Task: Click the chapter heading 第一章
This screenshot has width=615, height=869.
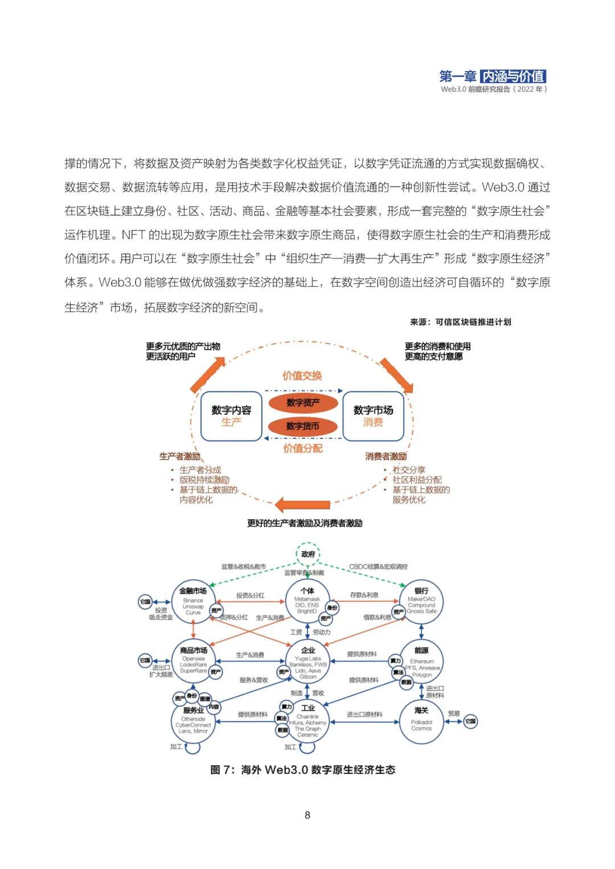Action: (458, 76)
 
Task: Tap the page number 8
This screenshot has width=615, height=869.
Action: (307, 815)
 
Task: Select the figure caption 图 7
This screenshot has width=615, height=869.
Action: (302, 770)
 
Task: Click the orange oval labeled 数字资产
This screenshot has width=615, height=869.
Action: (303, 403)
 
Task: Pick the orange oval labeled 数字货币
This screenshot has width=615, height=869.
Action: (303, 426)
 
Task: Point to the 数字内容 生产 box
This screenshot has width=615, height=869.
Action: (231, 416)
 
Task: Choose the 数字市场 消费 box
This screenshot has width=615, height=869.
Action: (373, 416)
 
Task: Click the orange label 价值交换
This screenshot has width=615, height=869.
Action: (302, 376)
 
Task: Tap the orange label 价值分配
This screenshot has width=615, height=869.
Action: (302, 448)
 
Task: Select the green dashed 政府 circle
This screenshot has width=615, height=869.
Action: (308, 554)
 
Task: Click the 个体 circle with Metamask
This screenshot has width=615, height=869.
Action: (307, 602)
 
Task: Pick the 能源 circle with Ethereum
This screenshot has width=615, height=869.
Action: (421, 662)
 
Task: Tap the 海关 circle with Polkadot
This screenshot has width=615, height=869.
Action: (421, 722)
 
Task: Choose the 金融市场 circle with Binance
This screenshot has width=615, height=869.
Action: (193, 602)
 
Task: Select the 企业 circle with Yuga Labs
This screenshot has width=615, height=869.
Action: (308, 662)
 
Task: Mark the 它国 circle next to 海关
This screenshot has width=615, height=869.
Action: (470, 721)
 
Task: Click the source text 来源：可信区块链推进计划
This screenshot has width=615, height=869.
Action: (460, 322)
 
